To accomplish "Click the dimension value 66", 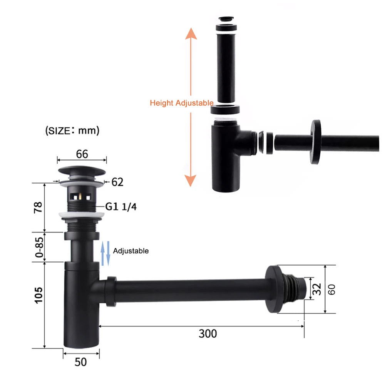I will click(x=82, y=154).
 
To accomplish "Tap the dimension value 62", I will click(x=117, y=182).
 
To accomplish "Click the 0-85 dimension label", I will click(x=38, y=247).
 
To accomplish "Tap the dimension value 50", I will click(x=81, y=362).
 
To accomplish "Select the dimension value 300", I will click(x=208, y=333).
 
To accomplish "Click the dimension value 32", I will click(x=317, y=289).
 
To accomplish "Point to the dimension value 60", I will click(x=332, y=289).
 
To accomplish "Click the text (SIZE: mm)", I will click(x=72, y=131).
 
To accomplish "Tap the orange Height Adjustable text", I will click(x=181, y=103).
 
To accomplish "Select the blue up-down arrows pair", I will click(x=105, y=253).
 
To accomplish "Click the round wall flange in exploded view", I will click(x=316, y=142).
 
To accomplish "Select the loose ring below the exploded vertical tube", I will click(x=226, y=109).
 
